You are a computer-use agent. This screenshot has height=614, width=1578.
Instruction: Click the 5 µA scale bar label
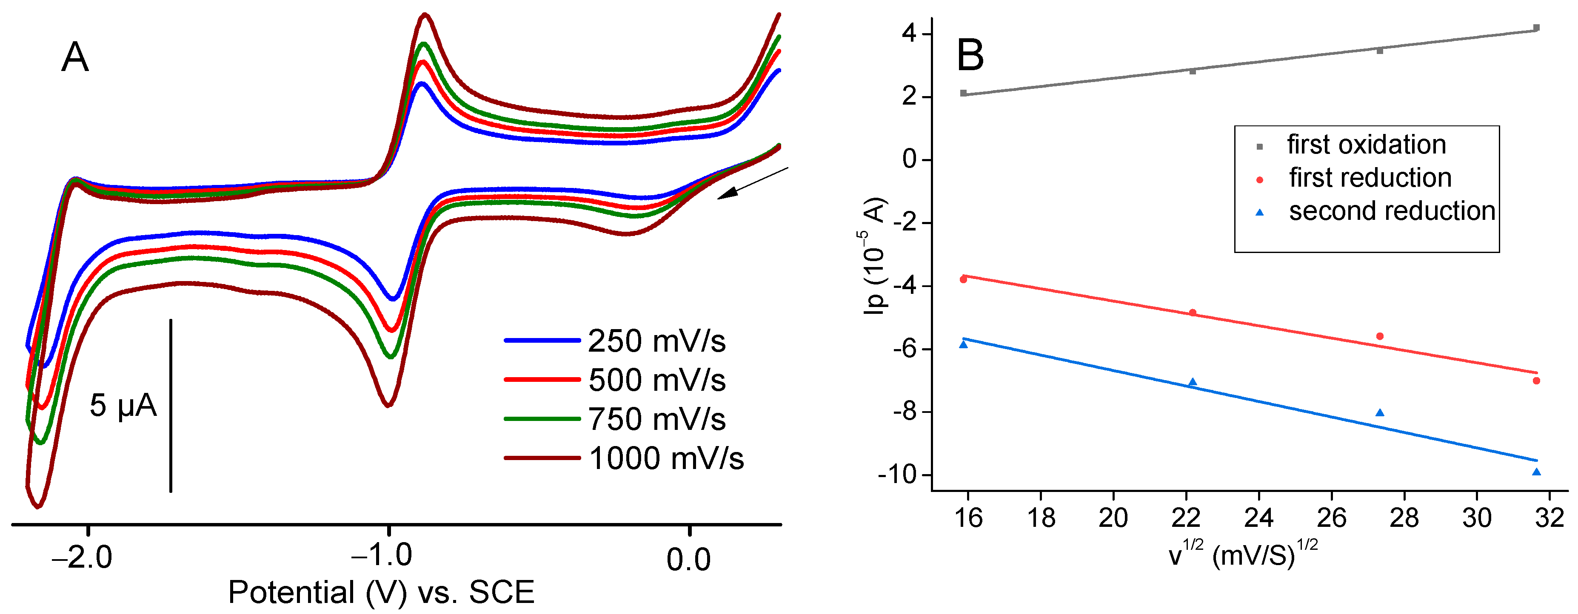(x=123, y=405)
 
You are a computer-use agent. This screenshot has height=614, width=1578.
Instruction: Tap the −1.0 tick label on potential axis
(x=381, y=556)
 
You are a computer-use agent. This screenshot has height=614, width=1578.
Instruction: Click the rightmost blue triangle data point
(x=1536, y=472)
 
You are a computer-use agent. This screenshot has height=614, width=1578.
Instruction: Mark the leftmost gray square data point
(x=964, y=93)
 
